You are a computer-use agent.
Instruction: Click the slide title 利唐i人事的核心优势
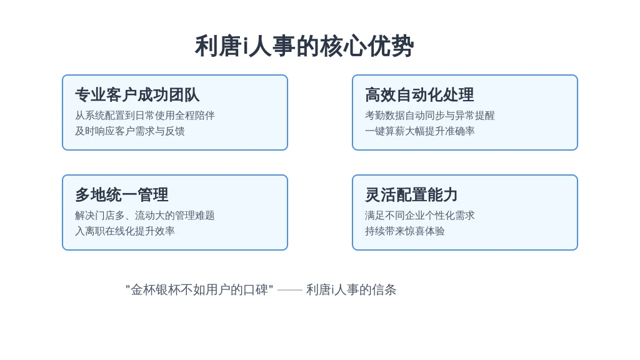(304, 46)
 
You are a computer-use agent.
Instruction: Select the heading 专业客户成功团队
(137, 95)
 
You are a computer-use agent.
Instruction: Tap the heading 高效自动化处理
(419, 95)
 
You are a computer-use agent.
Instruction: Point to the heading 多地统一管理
(122, 195)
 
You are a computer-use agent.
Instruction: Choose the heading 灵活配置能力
(411, 195)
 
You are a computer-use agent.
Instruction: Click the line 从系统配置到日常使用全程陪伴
(145, 116)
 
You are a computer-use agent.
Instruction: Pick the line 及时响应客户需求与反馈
(130, 131)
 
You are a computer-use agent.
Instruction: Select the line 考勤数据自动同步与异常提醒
(430, 116)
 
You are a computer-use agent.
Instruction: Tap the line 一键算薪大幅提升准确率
(419, 131)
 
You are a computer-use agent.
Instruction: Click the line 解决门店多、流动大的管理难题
(145, 216)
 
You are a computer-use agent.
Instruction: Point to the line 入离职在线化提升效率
(125, 231)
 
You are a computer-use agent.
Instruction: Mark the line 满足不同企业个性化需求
(419, 216)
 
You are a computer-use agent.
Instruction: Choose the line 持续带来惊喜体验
(405, 231)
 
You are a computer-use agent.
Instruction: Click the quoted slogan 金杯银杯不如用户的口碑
(199, 290)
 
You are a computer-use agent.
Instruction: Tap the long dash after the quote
(290, 290)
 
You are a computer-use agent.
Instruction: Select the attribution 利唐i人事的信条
(351, 290)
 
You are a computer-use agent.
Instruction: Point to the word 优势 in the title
(391, 46)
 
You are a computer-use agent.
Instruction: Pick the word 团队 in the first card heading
(184, 95)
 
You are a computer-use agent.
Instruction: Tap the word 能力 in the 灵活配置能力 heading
(442, 195)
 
